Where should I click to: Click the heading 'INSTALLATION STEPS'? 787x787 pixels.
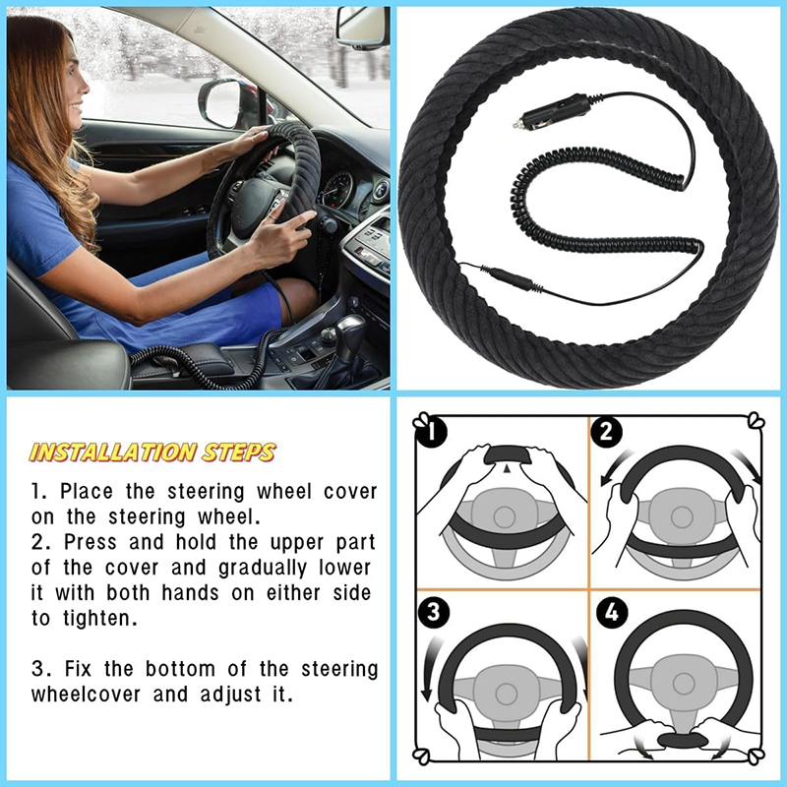tap(152, 453)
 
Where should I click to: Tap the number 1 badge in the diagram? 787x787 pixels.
tap(432, 432)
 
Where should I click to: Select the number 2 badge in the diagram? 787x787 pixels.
tap(606, 432)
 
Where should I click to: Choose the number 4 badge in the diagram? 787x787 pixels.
tap(612, 613)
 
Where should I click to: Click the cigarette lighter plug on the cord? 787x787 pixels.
tap(551, 111)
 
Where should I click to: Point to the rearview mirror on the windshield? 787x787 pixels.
tap(363, 28)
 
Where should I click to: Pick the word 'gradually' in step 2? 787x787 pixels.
tap(262, 568)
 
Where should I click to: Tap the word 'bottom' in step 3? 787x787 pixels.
tap(180, 669)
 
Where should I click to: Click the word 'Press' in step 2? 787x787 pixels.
tap(89, 542)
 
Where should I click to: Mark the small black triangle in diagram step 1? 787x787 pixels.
tap(508, 468)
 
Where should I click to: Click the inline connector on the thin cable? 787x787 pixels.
tap(511, 280)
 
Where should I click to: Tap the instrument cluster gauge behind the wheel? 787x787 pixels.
tap(337, 191)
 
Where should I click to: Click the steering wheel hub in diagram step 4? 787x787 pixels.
tap(682, 683)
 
